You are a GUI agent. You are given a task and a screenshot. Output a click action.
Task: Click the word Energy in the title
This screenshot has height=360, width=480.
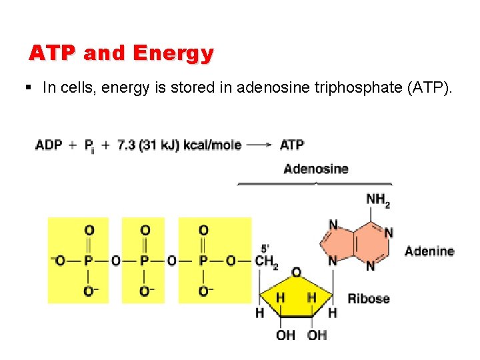tap(173, 53)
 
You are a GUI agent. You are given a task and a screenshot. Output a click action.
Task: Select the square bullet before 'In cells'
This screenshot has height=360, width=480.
tap(30, 87)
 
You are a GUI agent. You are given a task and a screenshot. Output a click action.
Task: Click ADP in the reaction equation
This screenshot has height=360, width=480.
tap(49, 145)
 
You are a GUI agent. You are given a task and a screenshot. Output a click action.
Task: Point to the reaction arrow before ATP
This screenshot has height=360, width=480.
tap(259, 145)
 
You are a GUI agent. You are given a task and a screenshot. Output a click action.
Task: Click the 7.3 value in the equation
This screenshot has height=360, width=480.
tap(127, 145)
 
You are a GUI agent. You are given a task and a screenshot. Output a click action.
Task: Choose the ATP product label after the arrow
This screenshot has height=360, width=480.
tap(292, 145)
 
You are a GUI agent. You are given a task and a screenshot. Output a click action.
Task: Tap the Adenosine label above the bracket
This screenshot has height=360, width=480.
tap(315, 169)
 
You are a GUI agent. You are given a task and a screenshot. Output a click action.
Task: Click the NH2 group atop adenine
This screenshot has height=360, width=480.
tap(378, 199)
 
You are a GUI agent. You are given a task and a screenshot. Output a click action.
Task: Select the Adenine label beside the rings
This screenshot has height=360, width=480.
tap(429, 251)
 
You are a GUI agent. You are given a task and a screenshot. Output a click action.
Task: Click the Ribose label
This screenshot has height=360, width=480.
tap(369, 298)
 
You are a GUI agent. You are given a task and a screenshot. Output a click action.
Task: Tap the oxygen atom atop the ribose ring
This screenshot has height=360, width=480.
tap(297, 272)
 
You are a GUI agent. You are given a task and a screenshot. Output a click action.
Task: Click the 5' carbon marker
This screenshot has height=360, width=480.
tap(265, 246)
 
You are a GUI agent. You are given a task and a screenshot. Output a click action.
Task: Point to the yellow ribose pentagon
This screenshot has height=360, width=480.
tap(296, 297)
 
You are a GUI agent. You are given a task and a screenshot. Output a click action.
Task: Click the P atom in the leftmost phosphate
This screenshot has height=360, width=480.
tap(89, 261)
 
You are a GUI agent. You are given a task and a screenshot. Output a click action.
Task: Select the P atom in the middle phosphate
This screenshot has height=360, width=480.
tap(145, 261)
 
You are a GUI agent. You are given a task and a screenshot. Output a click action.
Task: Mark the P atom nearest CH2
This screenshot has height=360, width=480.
tap(203, 261)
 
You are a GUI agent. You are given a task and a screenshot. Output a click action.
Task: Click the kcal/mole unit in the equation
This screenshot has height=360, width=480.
tap(212, 145)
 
